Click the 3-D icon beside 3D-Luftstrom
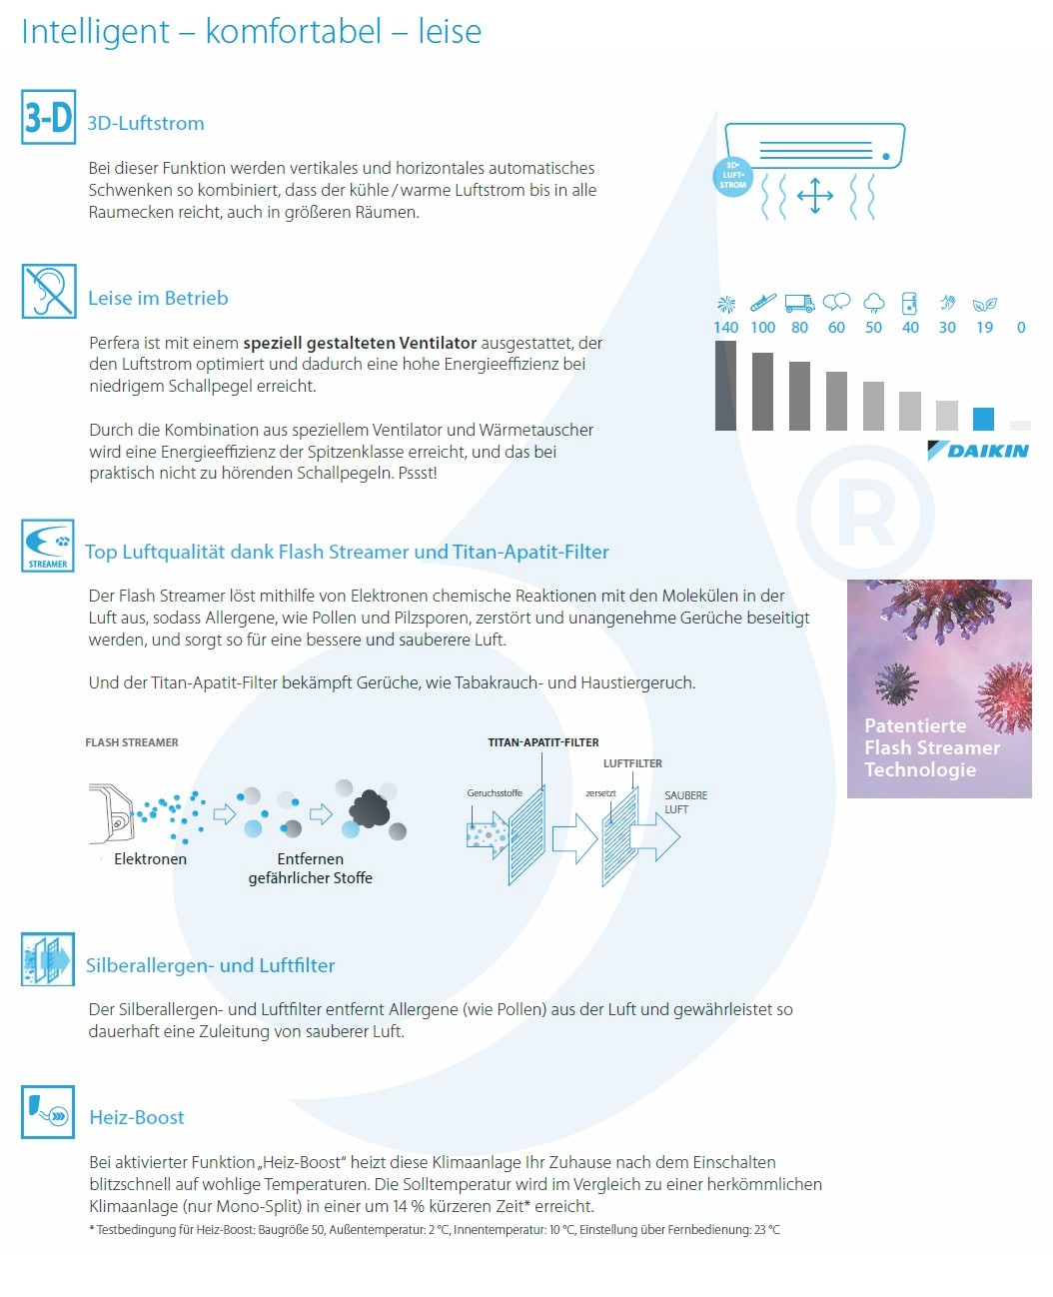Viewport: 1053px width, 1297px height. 48,117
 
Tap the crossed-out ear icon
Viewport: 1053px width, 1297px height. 49,291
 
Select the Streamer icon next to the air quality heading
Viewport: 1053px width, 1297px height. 48,546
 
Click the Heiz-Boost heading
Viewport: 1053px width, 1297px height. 137,1117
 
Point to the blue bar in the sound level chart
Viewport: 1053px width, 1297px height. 983,418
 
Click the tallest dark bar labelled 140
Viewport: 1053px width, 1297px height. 725,386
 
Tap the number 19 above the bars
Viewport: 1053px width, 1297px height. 984,327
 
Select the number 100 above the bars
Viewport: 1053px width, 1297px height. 762,327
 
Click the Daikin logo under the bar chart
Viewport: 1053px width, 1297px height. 978,451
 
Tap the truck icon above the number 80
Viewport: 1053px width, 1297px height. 799,302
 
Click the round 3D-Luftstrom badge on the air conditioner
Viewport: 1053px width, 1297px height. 732,176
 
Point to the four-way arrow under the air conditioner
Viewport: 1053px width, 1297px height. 815,196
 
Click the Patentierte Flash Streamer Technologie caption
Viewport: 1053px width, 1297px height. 931,747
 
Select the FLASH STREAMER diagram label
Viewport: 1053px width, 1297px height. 132,742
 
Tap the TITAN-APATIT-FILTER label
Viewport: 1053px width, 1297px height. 543,742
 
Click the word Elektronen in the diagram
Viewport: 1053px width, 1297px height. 150,858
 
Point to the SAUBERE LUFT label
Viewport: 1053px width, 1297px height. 685,802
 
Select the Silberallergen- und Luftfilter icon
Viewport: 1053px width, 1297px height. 48,959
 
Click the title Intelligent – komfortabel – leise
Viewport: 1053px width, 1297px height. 251,32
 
